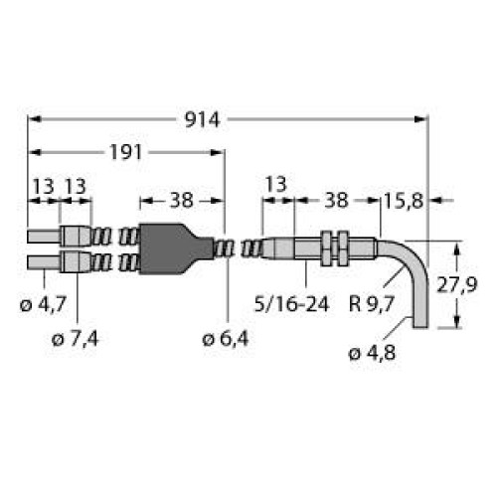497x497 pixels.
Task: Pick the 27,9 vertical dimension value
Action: (476, 285)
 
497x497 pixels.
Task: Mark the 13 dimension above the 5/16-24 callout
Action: (277, 184)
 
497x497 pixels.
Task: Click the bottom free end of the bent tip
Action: (420, 324)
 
